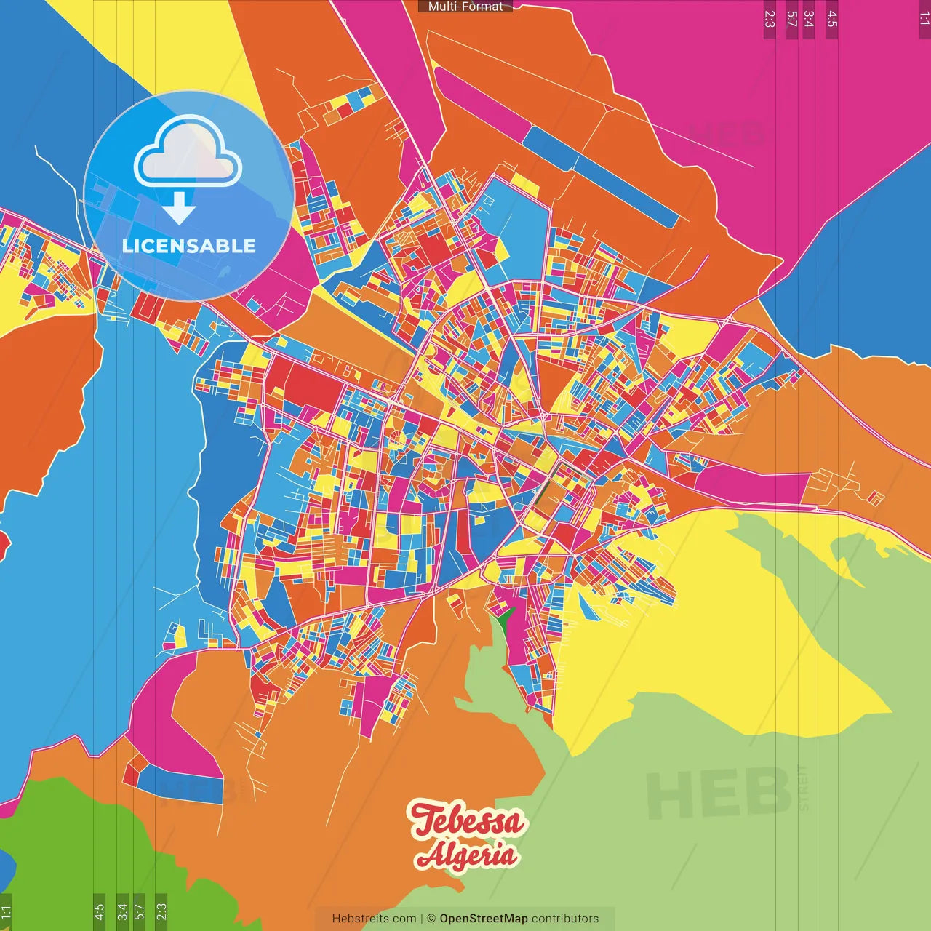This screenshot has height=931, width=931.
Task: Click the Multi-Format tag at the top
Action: pyautogui.click(x=465, y=7)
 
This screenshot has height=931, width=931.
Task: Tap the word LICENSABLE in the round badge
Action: pyautogui.click(x=188, y=246)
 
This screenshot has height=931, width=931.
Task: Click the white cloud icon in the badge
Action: pyautogui.click(x=188, y=151)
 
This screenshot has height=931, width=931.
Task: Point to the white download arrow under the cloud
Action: pyautogui.click(x=179, y=208)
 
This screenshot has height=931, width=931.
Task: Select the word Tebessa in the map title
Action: pyautogui.click(x=466, y=820)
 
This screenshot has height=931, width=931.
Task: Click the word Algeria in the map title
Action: pyautogui.click(x=466, y=855)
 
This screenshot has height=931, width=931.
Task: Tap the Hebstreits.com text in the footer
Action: pyautogui.click(x=374, y=919)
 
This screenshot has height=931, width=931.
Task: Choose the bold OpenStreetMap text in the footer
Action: pyautogui.click(x=483, y=919)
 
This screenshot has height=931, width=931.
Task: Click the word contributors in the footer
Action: pyautogui.click(x=565, y=919)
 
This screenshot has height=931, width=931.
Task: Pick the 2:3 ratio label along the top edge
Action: pyautogui.click(x=770, y=19)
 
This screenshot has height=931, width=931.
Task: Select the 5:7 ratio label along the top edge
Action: pyautogui.click(x=791, y=19)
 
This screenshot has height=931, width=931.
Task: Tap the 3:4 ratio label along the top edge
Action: pyautogui.click(x=808, y=19)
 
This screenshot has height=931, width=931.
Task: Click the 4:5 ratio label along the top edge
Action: pyautogui.click(x=832, y=19)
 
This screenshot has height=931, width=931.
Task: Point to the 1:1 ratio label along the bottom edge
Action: pyautogui.click(x=6, y=913)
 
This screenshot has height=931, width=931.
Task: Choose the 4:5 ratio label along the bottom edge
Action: pyautogui.click(x=99, y=911)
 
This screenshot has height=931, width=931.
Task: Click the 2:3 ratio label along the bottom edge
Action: pyautogui.click(x=161, y=911)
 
